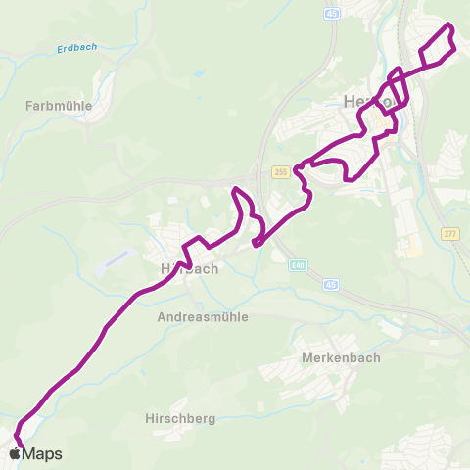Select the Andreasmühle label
coord(203,317)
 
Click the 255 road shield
coord(281,171)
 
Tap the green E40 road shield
coord(297,263)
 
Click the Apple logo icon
coord(15,453)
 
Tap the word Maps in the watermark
coord(42,453)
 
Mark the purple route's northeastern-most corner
coord(449,23)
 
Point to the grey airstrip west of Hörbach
coord(117,259)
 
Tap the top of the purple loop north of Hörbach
coord(236,189)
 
